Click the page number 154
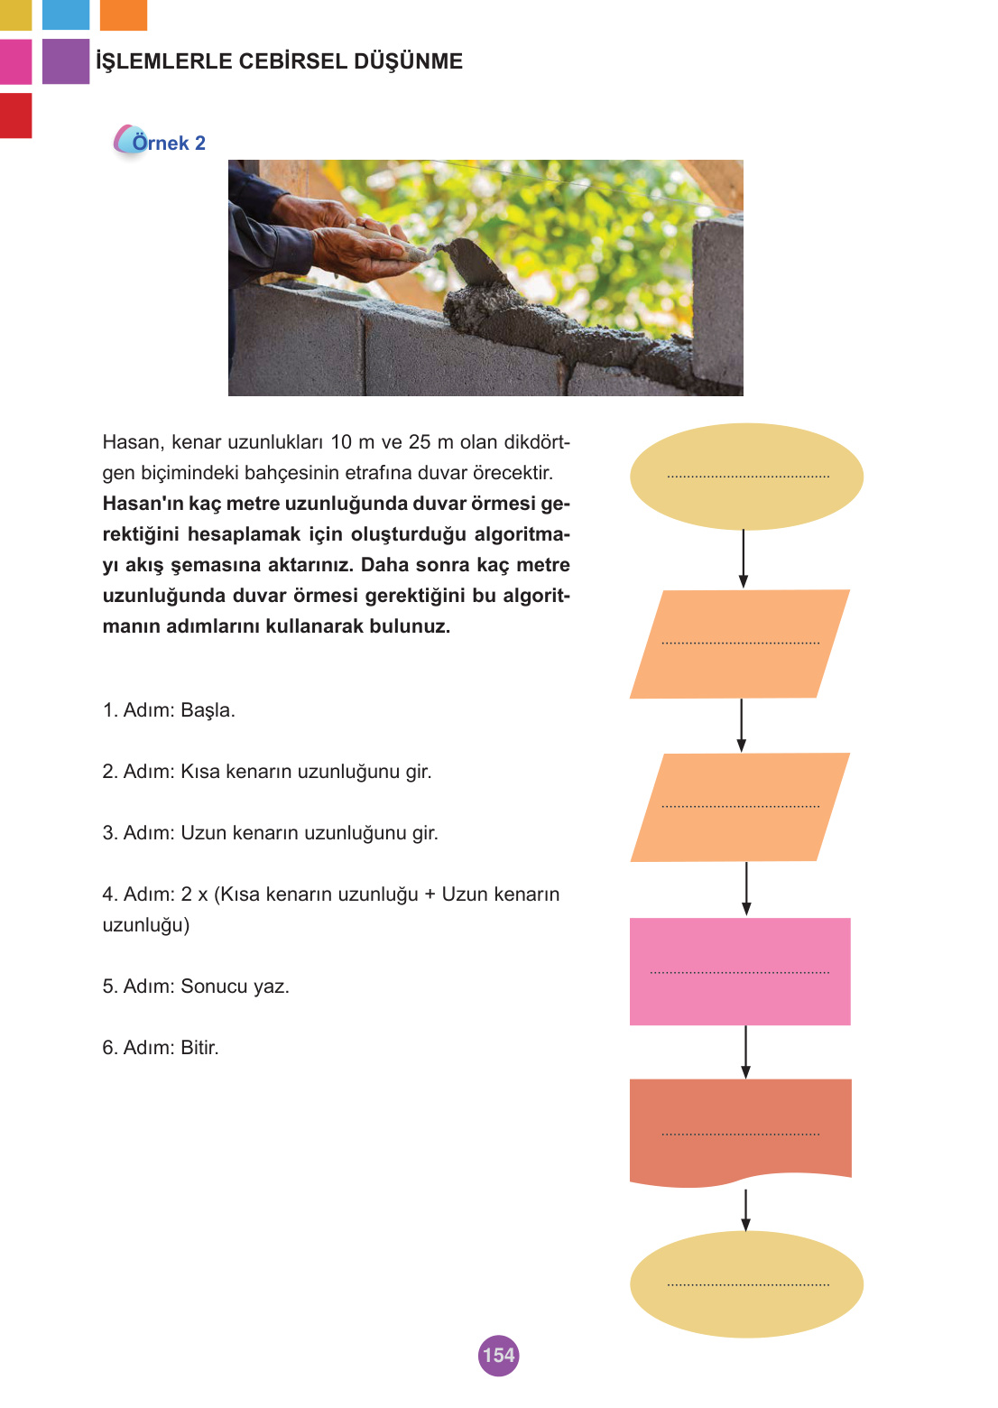pos(498,1355)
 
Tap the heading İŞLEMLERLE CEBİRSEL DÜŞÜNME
pos(279,61)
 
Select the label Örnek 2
pos(168,143)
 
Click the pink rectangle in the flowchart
pos(740,971)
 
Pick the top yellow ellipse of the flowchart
pos(746,476)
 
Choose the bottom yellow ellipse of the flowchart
pos(746,1283)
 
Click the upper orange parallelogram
pos(740,644)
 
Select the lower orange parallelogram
pos(740,807)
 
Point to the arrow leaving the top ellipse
pos(744,559)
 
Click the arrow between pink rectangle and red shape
pos(745,1051)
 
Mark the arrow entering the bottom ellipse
pos(745,1209)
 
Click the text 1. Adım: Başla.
pos(169,710)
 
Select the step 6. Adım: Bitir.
pos(161,1048)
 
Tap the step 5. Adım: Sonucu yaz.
pos(196,987)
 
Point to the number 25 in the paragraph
pos(420,442)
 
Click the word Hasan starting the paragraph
pos(132,442)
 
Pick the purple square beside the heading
pos(66,61)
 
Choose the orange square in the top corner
pos(123,14)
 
